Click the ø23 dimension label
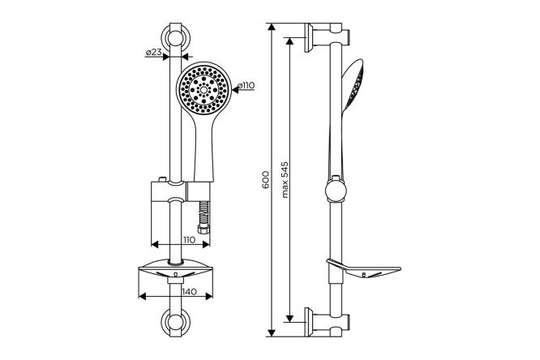point(153,53)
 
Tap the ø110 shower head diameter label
point(246,85)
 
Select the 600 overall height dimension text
point(265,179)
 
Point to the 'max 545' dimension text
point(285,179)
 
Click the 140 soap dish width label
point(189,292)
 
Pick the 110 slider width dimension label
point(189,240)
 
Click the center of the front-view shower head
point(204,89)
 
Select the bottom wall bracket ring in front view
point(176,322)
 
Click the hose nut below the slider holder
point(204,229)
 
